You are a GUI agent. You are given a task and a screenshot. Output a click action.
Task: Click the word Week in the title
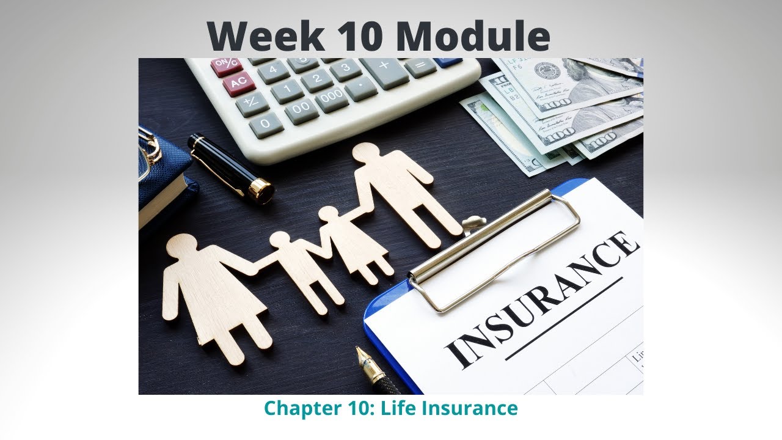tap(265, 36)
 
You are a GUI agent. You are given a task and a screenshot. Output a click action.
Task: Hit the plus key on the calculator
tap(384, 65)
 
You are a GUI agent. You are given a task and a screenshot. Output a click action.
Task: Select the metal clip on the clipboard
tap(495, 244)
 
